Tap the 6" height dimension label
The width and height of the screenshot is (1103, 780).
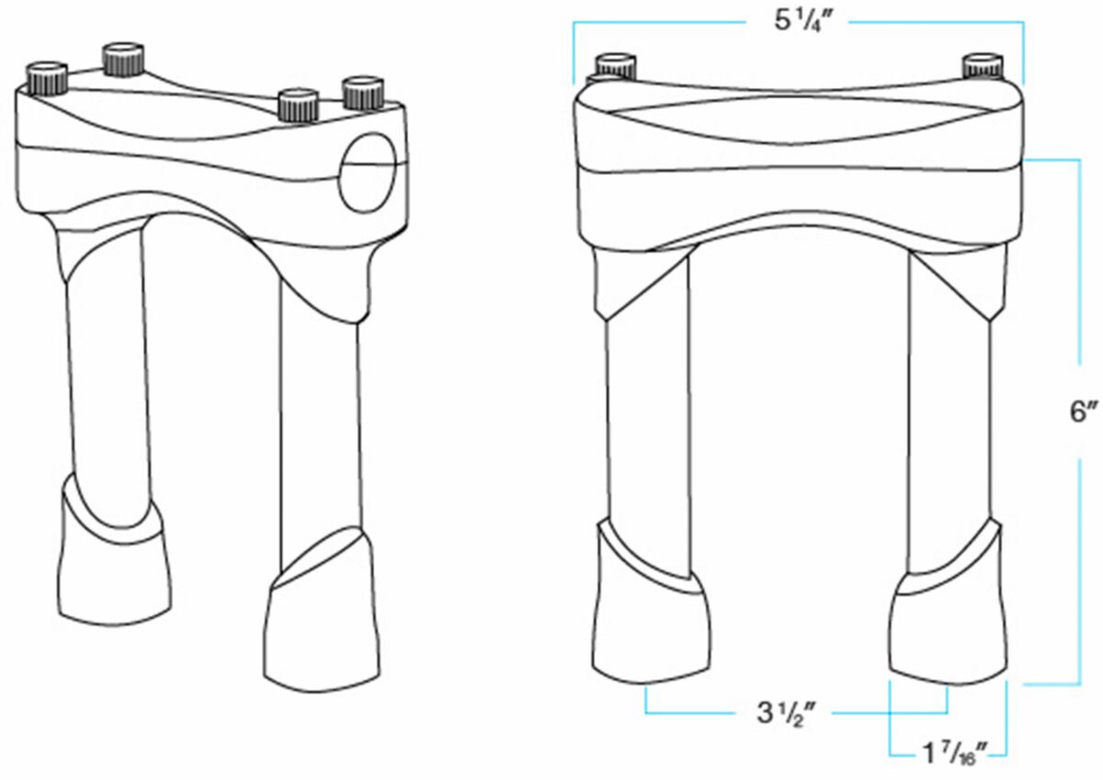pos(1084,412)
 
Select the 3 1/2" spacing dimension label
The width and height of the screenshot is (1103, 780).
pos(787,713)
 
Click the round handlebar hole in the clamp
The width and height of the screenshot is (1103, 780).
pos(368,172)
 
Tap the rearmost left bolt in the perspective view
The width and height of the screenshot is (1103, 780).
pos(123,59)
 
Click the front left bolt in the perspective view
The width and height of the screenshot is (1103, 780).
pos(47,78)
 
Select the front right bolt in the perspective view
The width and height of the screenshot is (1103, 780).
pos(299,106)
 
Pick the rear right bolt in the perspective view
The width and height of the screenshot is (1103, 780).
pos(363,93)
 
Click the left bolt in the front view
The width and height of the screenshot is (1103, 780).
pos(615,67)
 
